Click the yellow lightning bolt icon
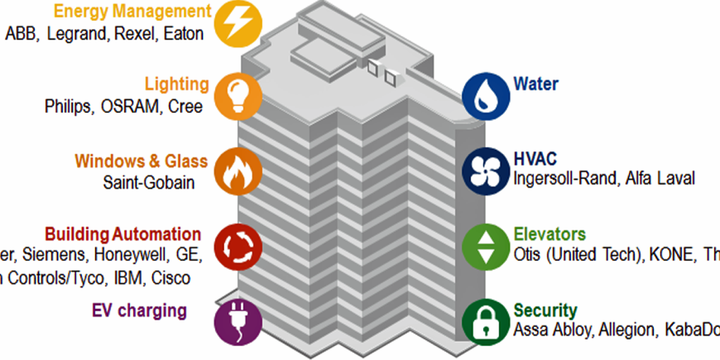pyautogui.click(x=238, y=23)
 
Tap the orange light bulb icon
pyautogui.click(x=238, y=95)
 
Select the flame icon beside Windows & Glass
pyautogui.click(x=238, y=170)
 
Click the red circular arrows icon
pyautogui.click(x=238, y=247)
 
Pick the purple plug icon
pyautogui.click(x=238, y=322)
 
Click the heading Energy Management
pyautogui.click(x=133, y=11)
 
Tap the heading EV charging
pyautogui.click(x=139, y=311)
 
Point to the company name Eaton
pyautogui.click(x=184, y=34)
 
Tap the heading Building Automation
pyautogui.click(x=123, y=233)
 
